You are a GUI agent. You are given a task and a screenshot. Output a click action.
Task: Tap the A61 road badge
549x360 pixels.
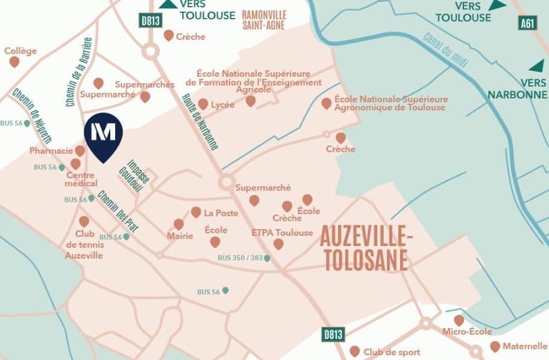tap(527, 24)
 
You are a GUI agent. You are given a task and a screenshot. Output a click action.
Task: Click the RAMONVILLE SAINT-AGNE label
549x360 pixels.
tap(263, 20)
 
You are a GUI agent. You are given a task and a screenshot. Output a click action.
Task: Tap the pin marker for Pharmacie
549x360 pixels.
tap(80, 150)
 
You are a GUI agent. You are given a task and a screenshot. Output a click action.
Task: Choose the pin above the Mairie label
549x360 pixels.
tap(178, 224)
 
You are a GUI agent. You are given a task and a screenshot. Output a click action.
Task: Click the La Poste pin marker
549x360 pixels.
tap(196, 212)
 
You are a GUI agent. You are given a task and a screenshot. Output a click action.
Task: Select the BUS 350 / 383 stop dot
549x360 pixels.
tap(267, 258)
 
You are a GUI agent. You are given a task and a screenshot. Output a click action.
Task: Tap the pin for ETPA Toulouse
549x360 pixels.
tap(278, 244)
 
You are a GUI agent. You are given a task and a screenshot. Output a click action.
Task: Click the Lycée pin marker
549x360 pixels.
tap(203, 104)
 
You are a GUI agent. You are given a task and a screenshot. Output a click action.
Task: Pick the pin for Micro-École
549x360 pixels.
tap(459, 320)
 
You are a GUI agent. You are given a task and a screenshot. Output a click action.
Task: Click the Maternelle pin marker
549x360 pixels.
tap(495, 346)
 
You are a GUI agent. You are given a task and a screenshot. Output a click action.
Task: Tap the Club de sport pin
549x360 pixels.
tap(355, 351)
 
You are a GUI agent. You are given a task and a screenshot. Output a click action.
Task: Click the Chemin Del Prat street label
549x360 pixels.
tap(118, 212)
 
